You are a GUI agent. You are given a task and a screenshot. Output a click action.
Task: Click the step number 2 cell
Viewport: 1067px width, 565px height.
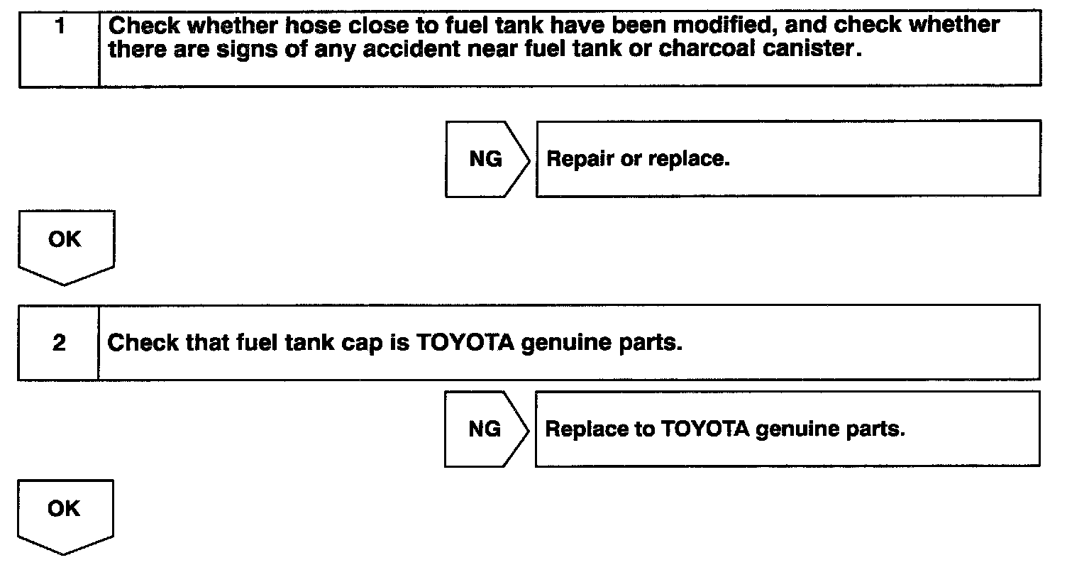coord(60,344)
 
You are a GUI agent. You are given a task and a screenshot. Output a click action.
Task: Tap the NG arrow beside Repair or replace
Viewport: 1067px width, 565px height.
coord(486,160)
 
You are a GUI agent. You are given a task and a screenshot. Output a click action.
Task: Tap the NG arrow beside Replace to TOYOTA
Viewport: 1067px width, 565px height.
coord(485,429)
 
